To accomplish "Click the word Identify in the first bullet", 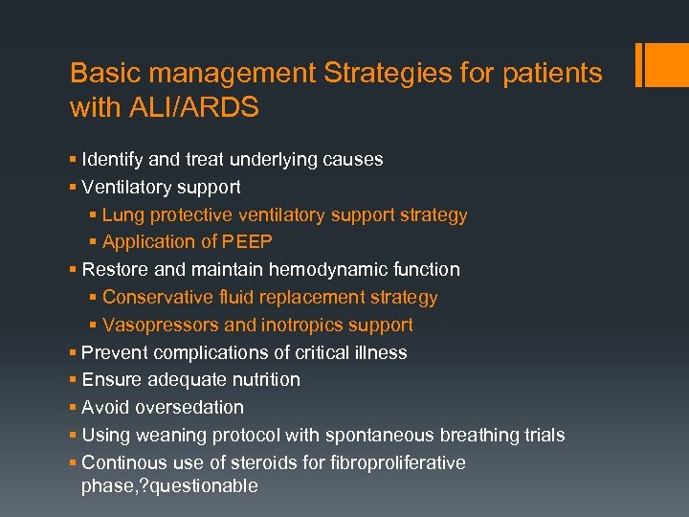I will pos(114,159).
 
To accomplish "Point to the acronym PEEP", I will pos(249,242).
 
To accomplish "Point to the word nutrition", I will pos(259,380).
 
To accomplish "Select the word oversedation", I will pos(189,408).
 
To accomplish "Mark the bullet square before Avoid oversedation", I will pos(74,408).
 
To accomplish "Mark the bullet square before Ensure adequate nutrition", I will pos(74,380).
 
